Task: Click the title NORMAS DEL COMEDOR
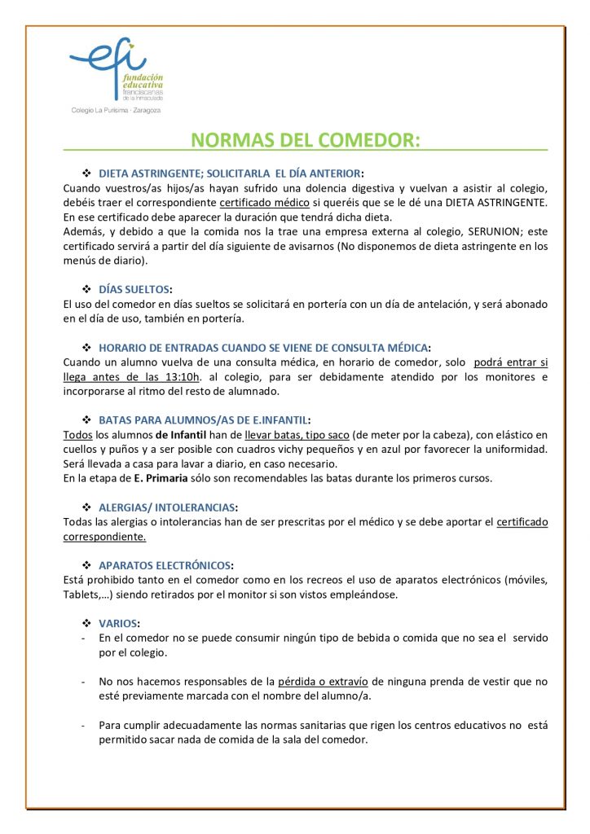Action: [x=306, y=139]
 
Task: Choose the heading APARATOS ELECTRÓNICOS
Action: [x=165, y=565]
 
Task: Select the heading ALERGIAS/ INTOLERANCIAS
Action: [x=168, y=507]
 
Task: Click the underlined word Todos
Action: [x=77, y=434]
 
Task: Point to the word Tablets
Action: [x=81, y=595]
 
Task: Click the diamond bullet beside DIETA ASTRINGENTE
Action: [x=86, y=173]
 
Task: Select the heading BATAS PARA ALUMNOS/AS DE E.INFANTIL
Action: [x=204, y=420]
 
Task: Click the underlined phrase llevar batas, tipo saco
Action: [x=297, y=434]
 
